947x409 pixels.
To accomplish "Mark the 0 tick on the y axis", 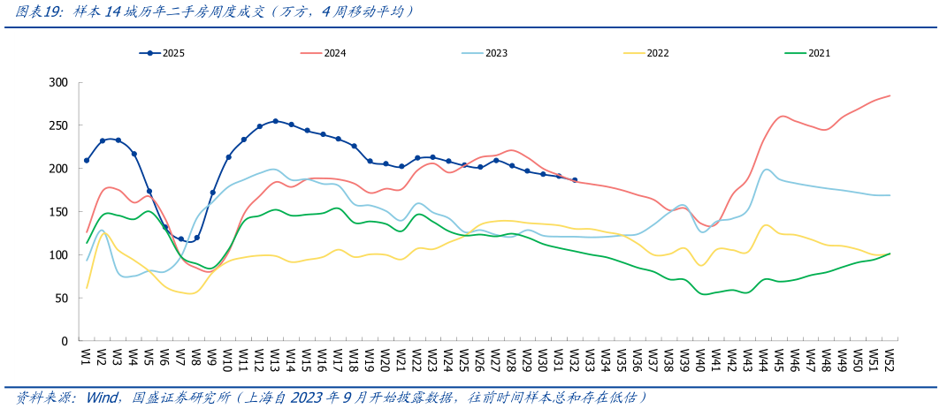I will point(64,341).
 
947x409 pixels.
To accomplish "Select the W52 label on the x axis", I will point(890,358).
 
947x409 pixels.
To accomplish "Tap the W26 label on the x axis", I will point(480,358).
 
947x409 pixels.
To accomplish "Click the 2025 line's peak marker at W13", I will point(276,121).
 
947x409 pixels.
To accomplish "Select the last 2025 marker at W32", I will point(575,180).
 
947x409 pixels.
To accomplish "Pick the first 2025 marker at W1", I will point(87,161).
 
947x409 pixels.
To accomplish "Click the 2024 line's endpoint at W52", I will point(890,95).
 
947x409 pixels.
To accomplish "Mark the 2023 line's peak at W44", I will point(766,170).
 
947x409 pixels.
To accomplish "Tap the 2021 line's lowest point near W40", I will point(705,293).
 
